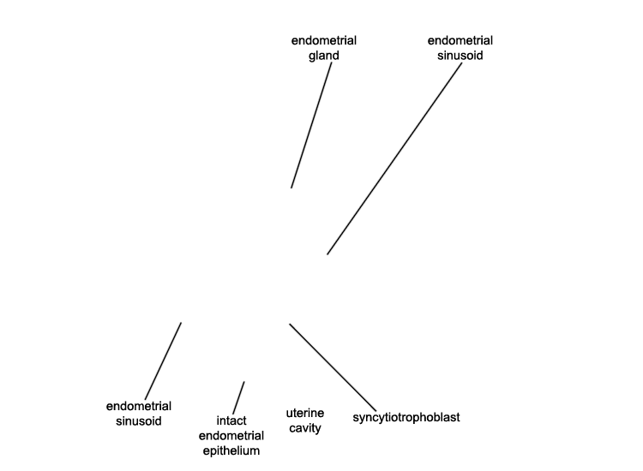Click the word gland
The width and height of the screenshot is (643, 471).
tap(323, 56)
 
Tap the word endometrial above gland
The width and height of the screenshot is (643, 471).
tap(323, 40)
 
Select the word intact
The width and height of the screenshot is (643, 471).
tap(231, 420)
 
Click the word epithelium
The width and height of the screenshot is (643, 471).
tap(231, 451)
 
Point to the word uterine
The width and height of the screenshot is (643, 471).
tap(304, 413)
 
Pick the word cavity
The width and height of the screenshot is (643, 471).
tap(304, 428)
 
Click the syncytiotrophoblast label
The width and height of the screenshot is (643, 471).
tap(406, 417)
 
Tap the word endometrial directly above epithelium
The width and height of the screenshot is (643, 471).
tap(231, 435)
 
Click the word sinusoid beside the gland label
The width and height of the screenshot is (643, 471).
tap(460, 56)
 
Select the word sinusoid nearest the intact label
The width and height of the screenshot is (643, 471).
tap(139, 421)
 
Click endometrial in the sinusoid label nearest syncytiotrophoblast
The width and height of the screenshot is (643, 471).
tap(139, 406)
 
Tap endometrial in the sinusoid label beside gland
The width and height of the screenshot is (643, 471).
tap(460, 40)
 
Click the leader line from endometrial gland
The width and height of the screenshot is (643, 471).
tap(311, 125)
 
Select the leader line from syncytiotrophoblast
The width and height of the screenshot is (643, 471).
tap(333, 367)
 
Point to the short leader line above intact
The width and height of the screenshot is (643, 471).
tap(238, 397)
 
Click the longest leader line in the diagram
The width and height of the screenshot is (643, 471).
tap(394, 159)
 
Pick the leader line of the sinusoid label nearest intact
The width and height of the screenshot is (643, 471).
tap(163, 361)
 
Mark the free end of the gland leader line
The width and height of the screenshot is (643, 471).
tap(291, 188)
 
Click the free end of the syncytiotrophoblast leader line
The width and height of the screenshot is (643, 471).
tap(290, 324)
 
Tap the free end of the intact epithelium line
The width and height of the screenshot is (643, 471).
tap(244, 382)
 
